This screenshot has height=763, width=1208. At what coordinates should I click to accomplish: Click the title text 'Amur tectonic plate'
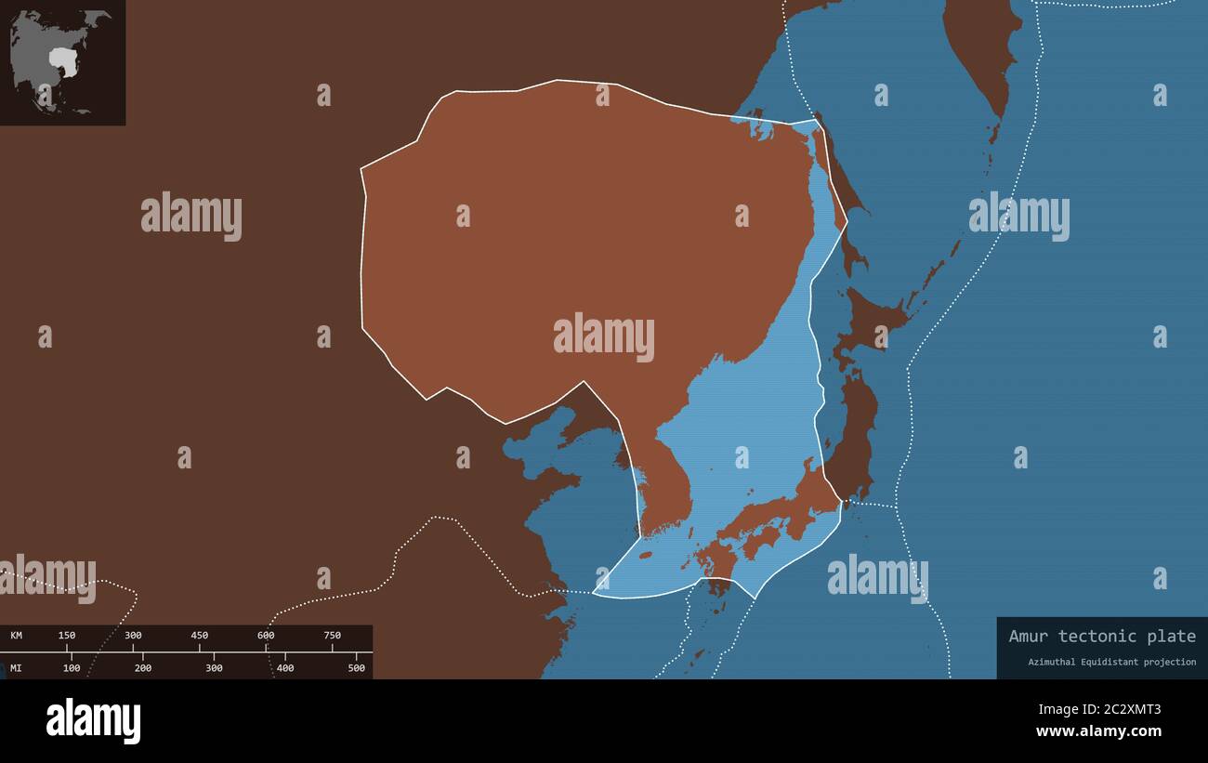click(1102, 637)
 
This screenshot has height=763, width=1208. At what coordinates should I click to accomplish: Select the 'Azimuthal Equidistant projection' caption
click(1111, 662)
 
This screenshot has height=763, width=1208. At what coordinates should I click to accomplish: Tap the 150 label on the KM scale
click(67, 636)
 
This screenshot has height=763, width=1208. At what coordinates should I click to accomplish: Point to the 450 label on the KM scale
click(199, 636)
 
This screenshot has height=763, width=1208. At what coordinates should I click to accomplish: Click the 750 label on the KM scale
click(332, 636)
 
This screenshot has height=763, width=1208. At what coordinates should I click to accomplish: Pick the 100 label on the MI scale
click(72, 668)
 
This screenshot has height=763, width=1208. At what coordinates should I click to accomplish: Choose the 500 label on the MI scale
click(357, 668)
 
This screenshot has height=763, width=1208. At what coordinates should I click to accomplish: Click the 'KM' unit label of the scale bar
click(17, 636)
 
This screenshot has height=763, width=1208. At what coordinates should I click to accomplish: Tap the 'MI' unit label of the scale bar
click(17, 668)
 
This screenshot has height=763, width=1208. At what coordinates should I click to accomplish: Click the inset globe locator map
click(62, 62)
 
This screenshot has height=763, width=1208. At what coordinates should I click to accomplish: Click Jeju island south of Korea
click(645, 555)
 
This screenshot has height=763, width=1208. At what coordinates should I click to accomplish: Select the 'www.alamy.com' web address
click(1099, 731)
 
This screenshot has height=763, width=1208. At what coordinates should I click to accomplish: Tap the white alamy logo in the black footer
click(93, 721)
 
